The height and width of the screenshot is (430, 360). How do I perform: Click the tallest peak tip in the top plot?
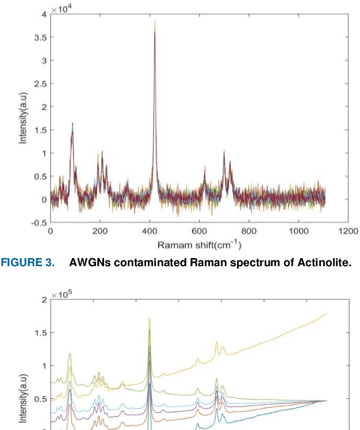(155, 22)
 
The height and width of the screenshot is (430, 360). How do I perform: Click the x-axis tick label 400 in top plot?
(150, 231)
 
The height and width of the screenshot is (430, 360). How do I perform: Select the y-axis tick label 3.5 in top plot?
(40, 37)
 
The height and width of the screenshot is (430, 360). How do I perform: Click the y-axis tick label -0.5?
(39, 223)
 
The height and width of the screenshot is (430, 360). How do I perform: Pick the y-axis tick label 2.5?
(40, 84)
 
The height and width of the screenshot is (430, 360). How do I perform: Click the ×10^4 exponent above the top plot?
(62, 10)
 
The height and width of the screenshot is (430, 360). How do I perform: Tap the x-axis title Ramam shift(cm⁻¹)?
(200, 245)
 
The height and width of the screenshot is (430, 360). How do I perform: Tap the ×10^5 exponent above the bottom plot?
(62, 295)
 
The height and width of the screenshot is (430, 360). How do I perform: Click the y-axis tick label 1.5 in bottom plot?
(40, 332)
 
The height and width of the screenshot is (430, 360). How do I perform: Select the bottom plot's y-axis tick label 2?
(44, 300)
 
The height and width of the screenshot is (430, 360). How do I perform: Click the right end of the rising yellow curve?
(326, 313)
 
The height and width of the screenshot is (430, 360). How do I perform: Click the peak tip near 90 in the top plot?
(72, 123)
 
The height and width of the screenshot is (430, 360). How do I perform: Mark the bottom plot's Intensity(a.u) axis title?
(23, 397)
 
